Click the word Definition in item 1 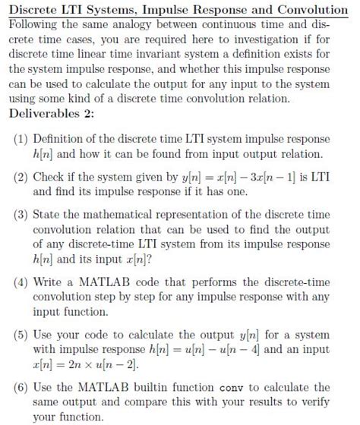(x=61, y=140)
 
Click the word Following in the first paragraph (x=35, y=24)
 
